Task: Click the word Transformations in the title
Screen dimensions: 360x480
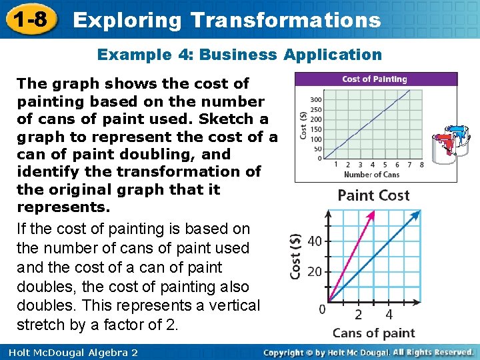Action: [x=285, y=20]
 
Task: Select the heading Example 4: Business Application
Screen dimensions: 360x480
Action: [x=240, y=55]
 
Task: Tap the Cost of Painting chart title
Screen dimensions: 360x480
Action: [x=374, y=79]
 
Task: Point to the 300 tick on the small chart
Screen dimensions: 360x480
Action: [x=317, y=100]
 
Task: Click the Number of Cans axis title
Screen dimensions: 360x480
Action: [x=373, y=175]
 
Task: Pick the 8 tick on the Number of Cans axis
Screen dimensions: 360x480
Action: [x=421, y=165]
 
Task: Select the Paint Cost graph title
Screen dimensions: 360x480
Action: [x=374, y=195]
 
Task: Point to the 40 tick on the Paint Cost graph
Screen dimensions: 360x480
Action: [x=315, y=241]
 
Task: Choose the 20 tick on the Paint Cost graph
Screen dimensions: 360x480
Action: [x=315, y=271]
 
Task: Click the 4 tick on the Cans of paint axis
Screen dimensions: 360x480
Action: [x=389, y=314]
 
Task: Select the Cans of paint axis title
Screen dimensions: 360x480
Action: [x=373, y=333]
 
